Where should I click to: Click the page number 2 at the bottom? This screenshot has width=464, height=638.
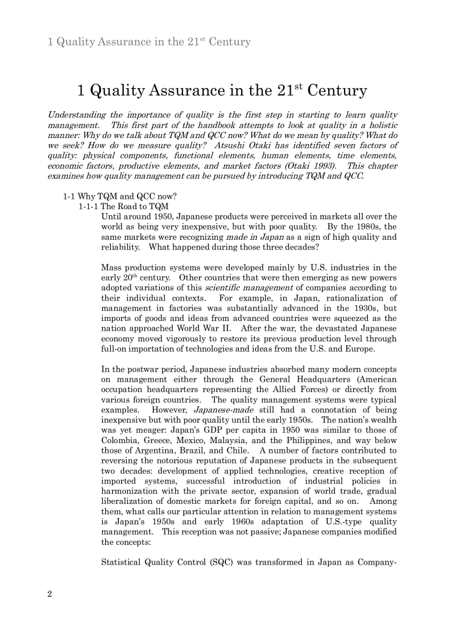click(49, 594)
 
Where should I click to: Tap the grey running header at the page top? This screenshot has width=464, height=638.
click(149, 42)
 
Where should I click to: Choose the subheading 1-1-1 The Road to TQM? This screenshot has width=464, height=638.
click(123, 207)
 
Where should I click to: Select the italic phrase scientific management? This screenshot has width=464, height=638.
click(248, 288)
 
